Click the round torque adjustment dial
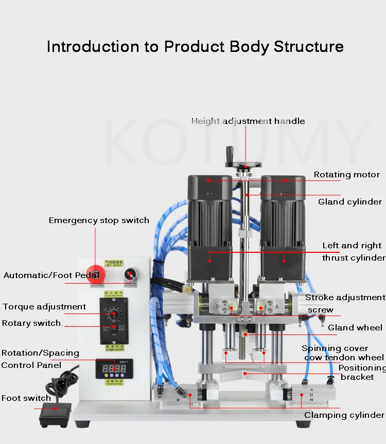pos(114,313)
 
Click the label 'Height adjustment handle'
pos(248,121)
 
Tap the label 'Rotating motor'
pos(346,175)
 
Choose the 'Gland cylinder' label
pos(350,201)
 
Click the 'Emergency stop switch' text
pos(99,220)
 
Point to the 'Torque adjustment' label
pos(44,307)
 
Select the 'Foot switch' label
pos(26,398)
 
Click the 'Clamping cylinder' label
pos(344,415)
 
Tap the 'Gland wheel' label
pos(355,327)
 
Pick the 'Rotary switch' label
pos(32,323)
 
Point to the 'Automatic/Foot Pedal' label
pos(51,275)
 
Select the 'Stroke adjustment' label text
pos(345,298)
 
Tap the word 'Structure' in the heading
pos(308,46)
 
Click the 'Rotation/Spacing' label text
pos(40,353)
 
